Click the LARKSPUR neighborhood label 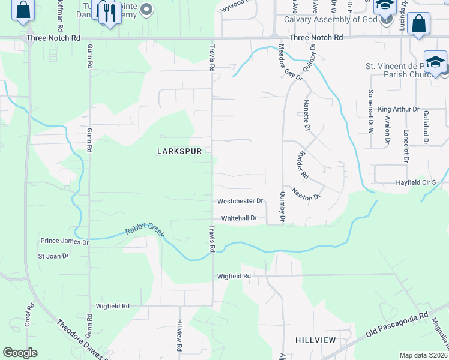coord(178,152)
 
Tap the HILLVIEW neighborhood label coord(315,340)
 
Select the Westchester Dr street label coord(240,201)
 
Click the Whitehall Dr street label coord(239,218)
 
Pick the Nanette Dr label coord(307,116)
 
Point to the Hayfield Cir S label coord(420,182)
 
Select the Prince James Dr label coord(64,241)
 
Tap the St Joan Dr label coord(53,256)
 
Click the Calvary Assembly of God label coord(330,19)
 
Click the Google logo coord(20,353)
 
